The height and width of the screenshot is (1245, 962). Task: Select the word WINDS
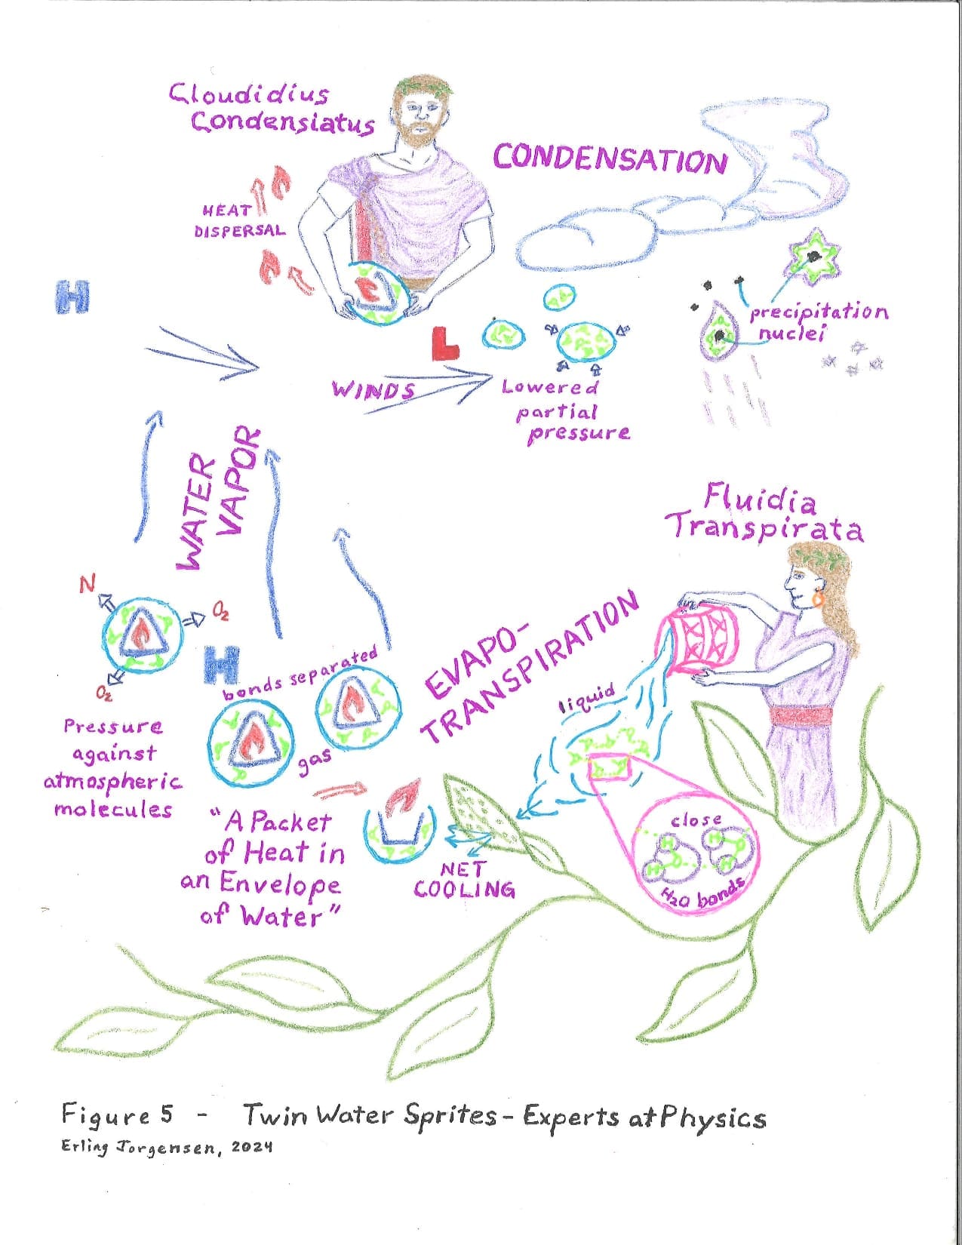[373, 390]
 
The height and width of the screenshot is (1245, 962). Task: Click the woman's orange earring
[818, 598]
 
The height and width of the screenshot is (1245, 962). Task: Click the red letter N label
[87, 584]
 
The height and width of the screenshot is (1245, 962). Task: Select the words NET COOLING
[464, 880]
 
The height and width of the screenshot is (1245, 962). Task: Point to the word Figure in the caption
[106, 1115]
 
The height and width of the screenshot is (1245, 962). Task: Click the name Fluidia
[760, 499]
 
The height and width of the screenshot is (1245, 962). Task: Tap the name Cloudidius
[249, 94]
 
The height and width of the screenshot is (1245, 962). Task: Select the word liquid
[588, 699]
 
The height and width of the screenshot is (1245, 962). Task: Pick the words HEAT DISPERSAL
[239, 220]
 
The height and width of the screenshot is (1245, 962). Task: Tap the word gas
[315, 761]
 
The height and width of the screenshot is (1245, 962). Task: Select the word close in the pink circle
[696, 820]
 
